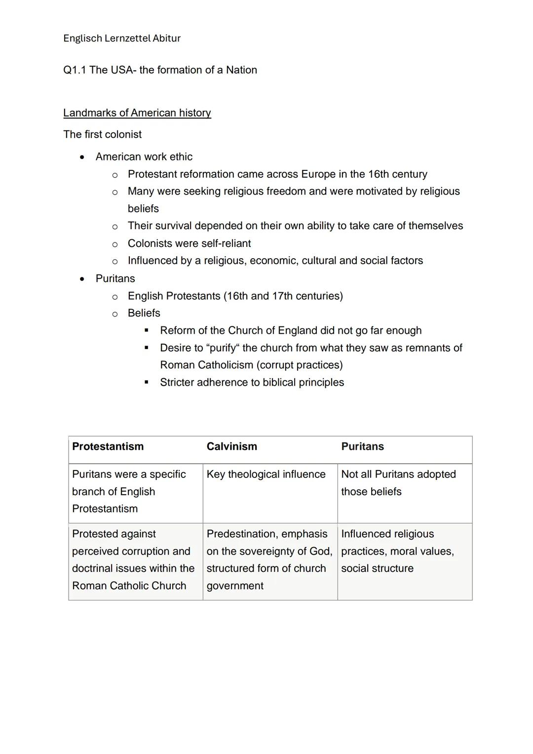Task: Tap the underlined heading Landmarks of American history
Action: [137, 113]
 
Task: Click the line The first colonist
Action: [103, 134]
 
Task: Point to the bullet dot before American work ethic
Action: [82, 157]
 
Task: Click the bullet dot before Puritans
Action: [82, 279]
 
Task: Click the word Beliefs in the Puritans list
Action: [144, 313]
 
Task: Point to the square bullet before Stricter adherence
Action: [147, 382]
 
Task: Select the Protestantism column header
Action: [108, 446]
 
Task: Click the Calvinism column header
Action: [232, 446]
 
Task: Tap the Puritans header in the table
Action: [362, 446]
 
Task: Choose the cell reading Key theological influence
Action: [266, 475]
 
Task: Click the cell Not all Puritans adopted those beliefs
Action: [398, 483]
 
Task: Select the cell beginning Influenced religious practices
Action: [397, 551]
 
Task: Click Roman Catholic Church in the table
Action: [129, 586]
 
